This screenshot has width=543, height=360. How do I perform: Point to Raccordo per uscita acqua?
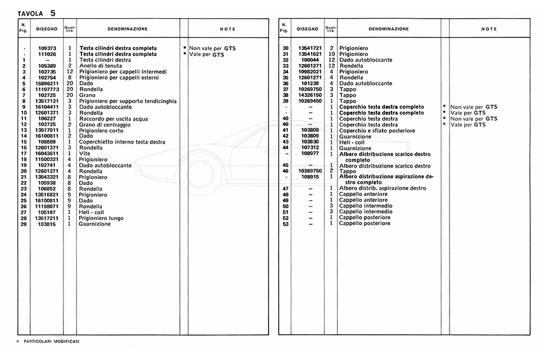point(112,118)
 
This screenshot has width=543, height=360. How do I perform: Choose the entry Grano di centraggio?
point(105,124)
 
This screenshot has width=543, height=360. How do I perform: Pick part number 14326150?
point(307,95)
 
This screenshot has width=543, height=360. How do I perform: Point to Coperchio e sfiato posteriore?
point(376,130)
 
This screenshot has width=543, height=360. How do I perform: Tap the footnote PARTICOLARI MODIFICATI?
point(52,341)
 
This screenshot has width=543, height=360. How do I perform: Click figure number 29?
point(24,224)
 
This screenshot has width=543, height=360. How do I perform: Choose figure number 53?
point(285,224)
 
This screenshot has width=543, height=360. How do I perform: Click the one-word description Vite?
point(85,153)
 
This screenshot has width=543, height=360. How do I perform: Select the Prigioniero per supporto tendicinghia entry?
point(126,101)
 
